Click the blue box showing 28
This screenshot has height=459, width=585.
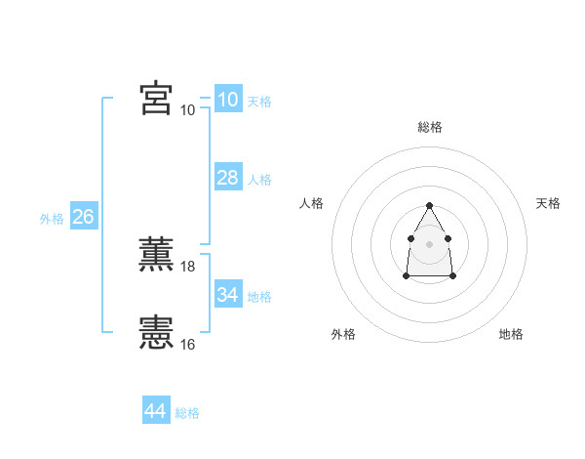click(x=227, y=177)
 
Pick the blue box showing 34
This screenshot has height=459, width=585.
click(x=227, y=294)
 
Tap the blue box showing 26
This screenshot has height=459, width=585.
click(x=83, y=217)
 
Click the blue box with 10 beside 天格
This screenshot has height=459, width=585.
click(x=227, y=100)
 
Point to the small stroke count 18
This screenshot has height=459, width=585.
click(x=188, y=266)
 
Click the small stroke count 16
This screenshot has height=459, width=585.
click(x=188, y=344)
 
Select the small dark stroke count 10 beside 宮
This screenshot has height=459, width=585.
click(x=188, y=109)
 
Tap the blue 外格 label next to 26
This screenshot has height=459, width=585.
click(x=52, y=220)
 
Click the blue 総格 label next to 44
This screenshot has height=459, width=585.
click(x=187, y=414)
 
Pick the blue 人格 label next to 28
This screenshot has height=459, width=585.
click(x=259, y=180)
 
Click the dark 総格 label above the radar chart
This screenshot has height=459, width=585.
click(x=429, y=127)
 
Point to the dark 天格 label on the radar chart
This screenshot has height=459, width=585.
click(x=548, y=203)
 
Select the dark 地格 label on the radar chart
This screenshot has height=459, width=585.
click(x=511, y=335)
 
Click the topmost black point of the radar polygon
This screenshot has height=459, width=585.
click(x=429, y=205)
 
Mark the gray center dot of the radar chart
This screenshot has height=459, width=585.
click(x=429, y=243)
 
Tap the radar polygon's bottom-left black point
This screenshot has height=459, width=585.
click(x=406, y=276)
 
